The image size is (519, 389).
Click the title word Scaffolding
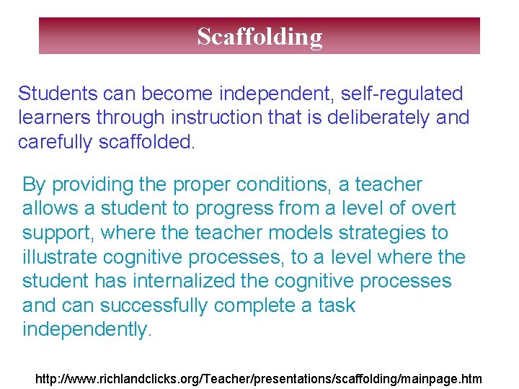(x=259, y=36)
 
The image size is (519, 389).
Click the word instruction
(x=219, y=117)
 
